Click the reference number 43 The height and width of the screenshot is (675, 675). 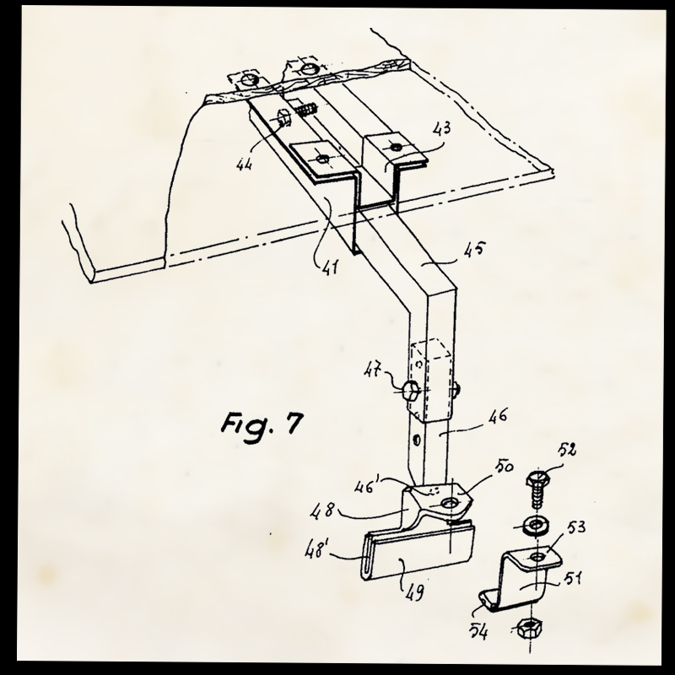[x=442, y=129]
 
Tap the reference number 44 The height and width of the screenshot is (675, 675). [x=244, y=164]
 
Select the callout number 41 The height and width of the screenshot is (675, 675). [x=330, y=267]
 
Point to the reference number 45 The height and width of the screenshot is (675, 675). [x=474, y=249]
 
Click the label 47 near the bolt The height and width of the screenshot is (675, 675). [x=373, y=370]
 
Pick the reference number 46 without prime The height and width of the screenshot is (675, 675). [x=498, y=416]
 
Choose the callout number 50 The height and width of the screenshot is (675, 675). [x=504, y=467]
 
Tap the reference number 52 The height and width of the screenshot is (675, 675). [x=567, y=450]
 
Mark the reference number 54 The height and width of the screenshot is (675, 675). [x=478, y=632]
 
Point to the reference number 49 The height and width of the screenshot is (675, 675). [x=414, y=592]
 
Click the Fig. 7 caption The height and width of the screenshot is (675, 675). [x=262, y=426]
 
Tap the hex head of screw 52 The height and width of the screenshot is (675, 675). [x=536, y=478]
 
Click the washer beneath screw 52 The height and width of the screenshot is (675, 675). [x=536, y=525]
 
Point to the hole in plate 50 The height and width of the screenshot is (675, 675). [x=450, y=502]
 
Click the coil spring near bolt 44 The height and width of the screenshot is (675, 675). [x=308, y=110]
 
